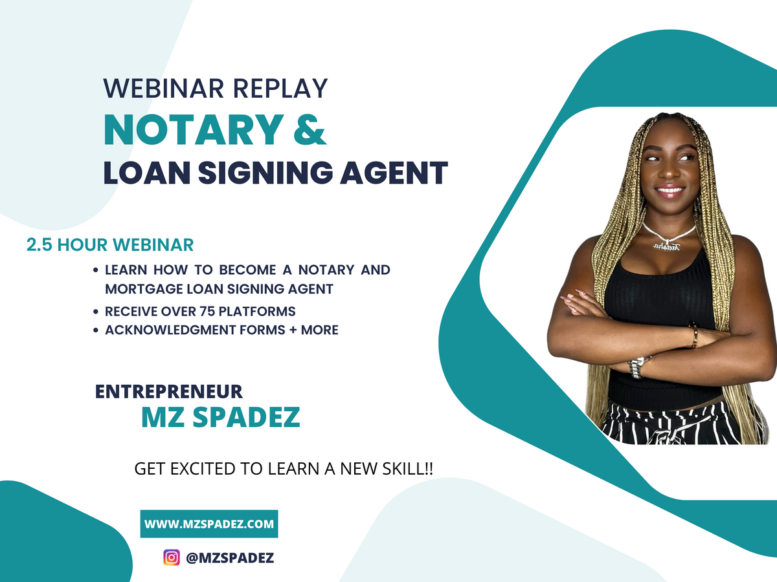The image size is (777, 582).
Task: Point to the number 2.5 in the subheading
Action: pos(39,246)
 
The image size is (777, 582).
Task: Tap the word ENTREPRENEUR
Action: pos(169,391)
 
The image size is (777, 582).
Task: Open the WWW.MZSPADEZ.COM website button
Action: pos(209,524)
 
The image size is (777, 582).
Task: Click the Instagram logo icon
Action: pos(172,557)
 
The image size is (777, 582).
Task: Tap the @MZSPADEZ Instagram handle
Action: pos(230,557)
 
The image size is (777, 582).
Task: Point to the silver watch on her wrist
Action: pos(638,366)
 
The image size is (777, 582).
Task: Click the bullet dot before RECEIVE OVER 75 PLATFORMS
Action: pos(96,312)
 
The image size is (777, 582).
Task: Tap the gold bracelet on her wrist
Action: pos(693,336)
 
